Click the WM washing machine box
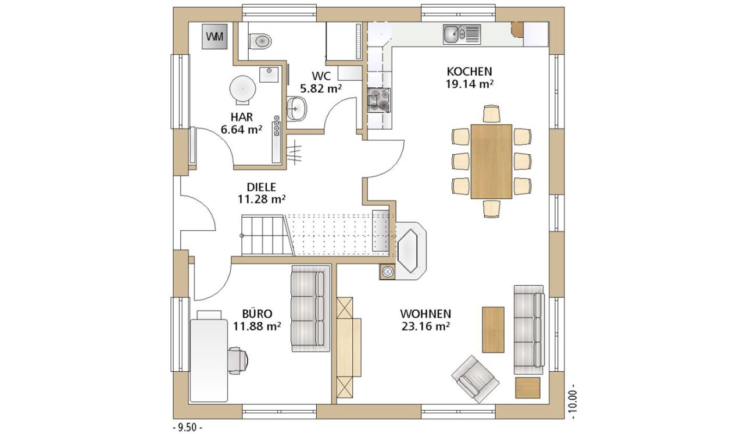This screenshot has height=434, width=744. pos(214,37)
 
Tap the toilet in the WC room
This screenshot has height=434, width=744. pos(260,41)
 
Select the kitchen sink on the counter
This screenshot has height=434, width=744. pos(462,34)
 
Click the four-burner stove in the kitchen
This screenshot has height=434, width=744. pos(378,100)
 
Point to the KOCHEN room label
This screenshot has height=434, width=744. pos(469,72)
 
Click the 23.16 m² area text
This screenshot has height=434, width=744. pos(425,326)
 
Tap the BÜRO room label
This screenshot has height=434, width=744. pos(257,314)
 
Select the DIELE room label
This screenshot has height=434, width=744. pos(262,187)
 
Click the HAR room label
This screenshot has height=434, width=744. pos(242,117)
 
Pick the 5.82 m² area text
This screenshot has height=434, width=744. pos(321,88)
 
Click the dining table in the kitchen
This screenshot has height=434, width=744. pos(491,162)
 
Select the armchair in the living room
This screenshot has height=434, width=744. pos(475,379)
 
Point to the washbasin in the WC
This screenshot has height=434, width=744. pos(296,108)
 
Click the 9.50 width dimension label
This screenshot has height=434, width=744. pos(188,428)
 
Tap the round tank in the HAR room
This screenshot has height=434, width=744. pos(243,88)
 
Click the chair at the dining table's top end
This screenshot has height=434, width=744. pos(492,113)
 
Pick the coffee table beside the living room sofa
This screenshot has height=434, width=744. pos(493,330)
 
